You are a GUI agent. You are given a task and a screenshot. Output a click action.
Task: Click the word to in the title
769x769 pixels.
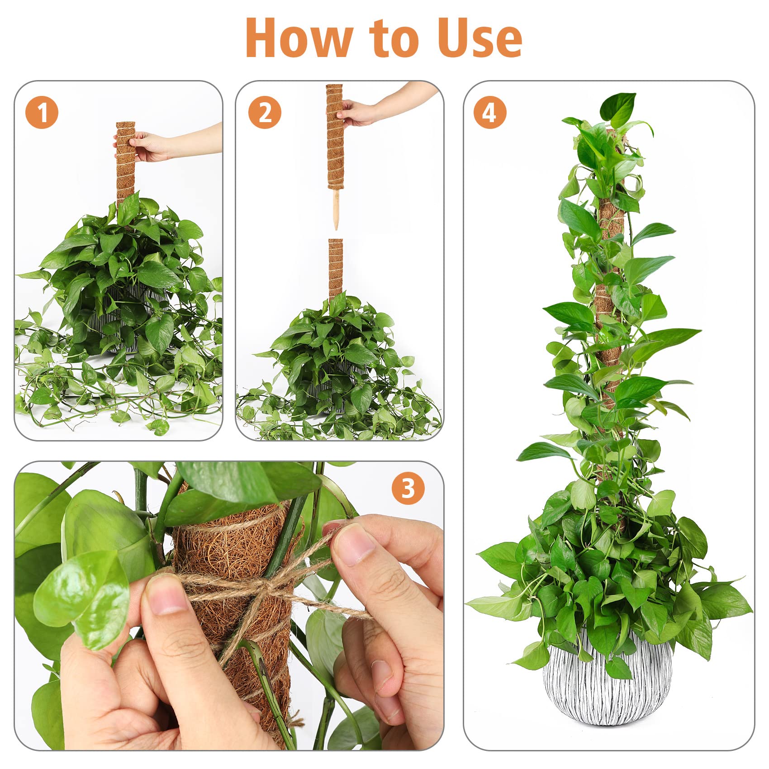coord(395,39)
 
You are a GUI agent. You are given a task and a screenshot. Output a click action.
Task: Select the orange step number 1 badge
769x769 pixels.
coord(42,112)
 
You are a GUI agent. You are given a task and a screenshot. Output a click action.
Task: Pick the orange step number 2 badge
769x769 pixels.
coord(265,112)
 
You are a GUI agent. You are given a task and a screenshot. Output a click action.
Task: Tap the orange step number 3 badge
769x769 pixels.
coord(408,488)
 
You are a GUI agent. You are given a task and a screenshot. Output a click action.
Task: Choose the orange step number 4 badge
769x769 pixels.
coord(490,112)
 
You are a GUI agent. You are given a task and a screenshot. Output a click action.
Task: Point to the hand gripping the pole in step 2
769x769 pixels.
coord(357,112)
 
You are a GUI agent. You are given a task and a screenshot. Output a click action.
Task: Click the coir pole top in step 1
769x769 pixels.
coord(126,125)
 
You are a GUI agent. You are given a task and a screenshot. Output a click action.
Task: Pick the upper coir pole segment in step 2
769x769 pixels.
coord(334,136)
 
